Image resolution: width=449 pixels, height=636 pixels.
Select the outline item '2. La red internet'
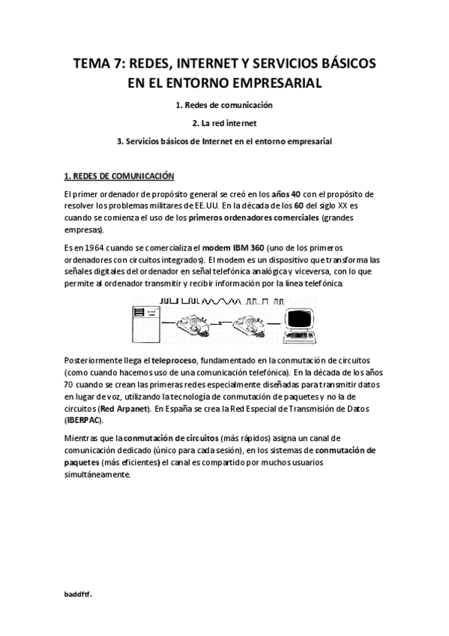225,122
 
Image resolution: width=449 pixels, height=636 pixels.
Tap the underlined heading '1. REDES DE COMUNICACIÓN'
119,176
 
